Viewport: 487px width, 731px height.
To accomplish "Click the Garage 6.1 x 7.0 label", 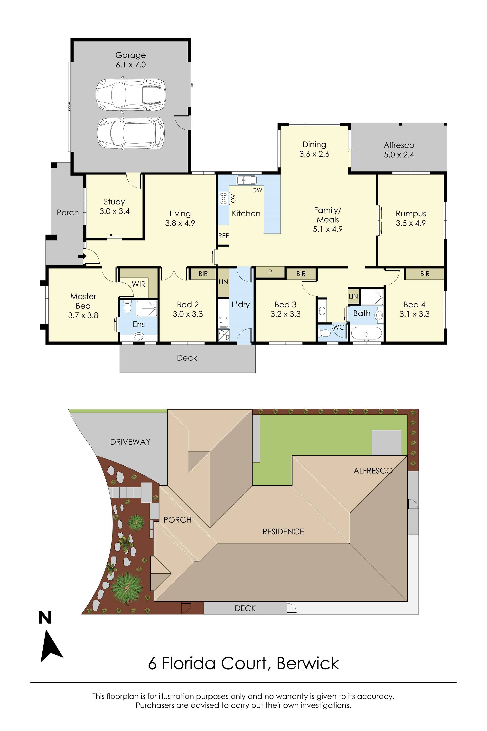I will [x=131, y=60].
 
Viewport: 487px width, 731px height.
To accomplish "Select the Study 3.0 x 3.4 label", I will [x=114, y=206].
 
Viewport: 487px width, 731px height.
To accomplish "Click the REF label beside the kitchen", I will [x=223, y=236].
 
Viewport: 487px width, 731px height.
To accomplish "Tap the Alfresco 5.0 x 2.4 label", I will [x=399, y=150].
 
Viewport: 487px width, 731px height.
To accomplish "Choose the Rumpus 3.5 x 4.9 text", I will [x=410, y=218].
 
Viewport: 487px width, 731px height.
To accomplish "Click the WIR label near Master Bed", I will [x=139, y=284].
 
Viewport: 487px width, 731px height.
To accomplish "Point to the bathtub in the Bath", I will [x=366, y=334].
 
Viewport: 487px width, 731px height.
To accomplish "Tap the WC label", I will [x=338, y=327].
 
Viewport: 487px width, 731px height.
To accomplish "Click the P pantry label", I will [x=270, y=272].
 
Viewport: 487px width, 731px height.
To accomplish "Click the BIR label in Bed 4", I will [x=425, y=274].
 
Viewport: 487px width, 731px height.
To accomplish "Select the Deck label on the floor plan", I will [x=187, y=358].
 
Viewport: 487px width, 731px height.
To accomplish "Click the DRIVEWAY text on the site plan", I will [x=130, y=442].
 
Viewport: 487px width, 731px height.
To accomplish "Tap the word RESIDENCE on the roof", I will [x=283, y=531].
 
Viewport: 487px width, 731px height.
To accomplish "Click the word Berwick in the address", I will [x=308, y=663].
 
